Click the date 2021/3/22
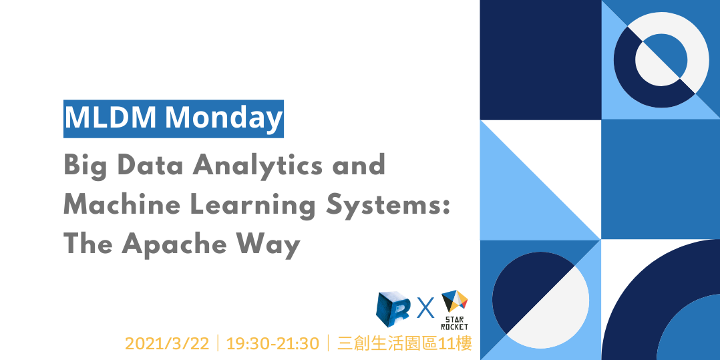click(x=167, y=343)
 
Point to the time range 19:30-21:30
click(x=273, y=343)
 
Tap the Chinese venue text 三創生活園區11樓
click(x=405, y=343)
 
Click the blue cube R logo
click(x=393, y=309)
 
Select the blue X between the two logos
click(x=425, y=309)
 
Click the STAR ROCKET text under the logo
click(x=455, y=323)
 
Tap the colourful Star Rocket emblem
click(x=455, y=301)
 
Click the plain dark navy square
click(x=540, y=59)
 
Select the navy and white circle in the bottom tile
click(x=540, y=299)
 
